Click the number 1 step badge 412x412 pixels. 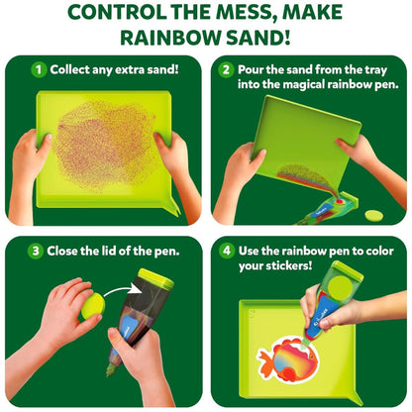click(39, 69)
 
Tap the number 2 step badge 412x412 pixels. click(226, 70)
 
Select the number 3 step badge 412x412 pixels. click(36, 252)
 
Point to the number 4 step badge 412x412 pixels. click(227, 251)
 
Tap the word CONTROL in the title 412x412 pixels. click(117, 12)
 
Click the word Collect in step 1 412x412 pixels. click(69, 69)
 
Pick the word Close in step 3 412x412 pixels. click(62, 252)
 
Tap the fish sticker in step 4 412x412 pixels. click(287, 359)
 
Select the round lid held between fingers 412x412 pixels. click(93, 306)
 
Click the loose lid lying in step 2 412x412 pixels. click(374, 216)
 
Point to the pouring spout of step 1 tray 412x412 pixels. click(173, 207)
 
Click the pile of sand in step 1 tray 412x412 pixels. click(105, 146)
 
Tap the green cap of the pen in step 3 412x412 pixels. click(155, 278)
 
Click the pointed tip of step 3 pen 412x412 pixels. click(109, 372)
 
